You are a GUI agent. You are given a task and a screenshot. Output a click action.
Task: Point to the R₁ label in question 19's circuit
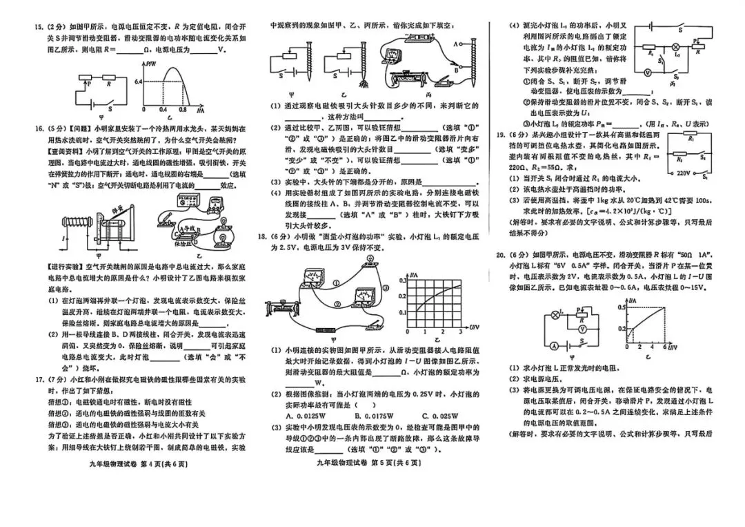coord(691,138)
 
